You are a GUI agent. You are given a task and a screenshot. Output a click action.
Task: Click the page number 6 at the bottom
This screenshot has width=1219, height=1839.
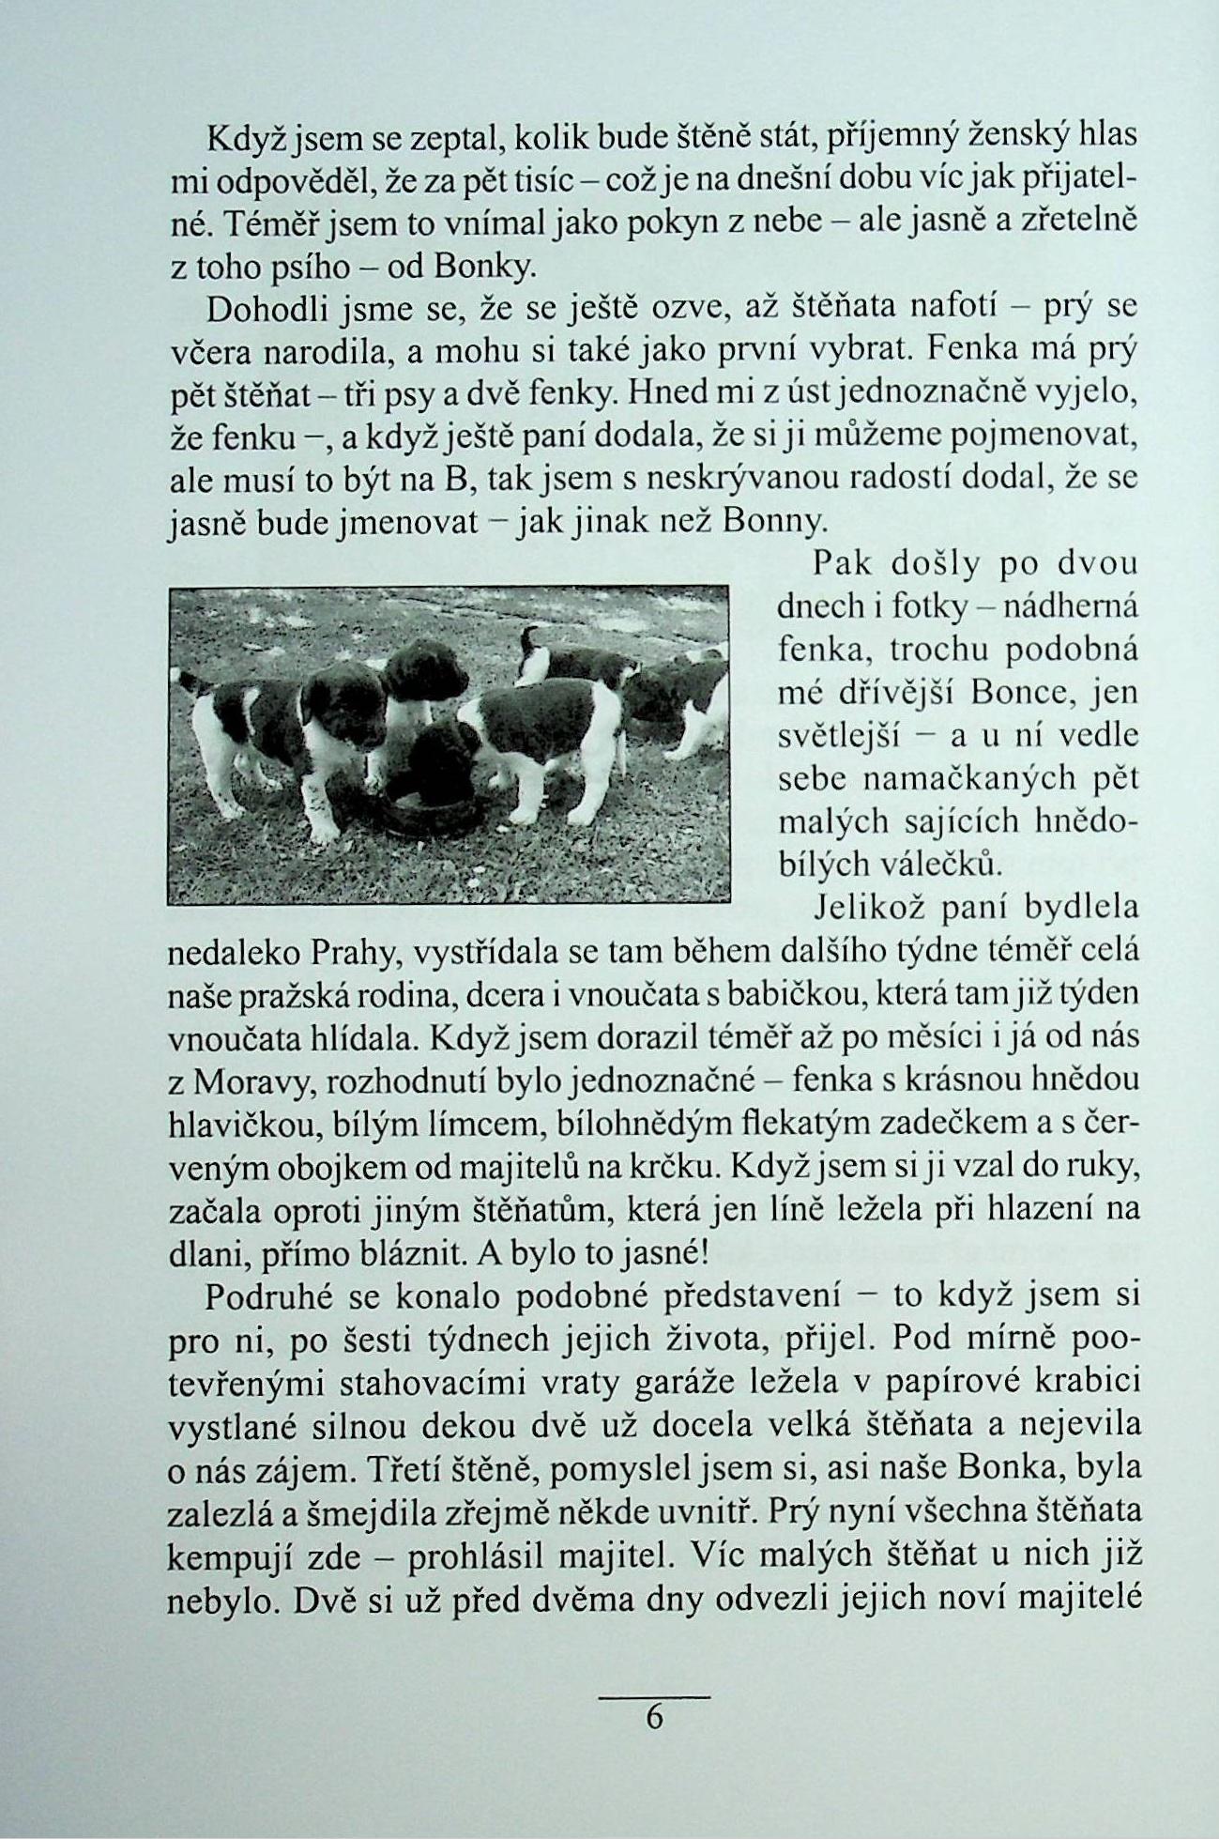pos(654,1717)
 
